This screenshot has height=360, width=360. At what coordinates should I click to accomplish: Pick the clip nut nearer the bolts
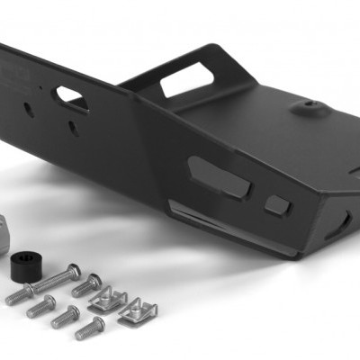[108, 299]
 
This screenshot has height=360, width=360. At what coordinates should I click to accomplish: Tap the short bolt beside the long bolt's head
[87, 286]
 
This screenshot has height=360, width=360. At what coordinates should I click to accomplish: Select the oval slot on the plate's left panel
[70, 96]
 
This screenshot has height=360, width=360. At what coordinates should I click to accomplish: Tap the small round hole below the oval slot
[72, 128]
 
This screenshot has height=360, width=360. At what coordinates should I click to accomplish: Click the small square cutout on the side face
[278, 204]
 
